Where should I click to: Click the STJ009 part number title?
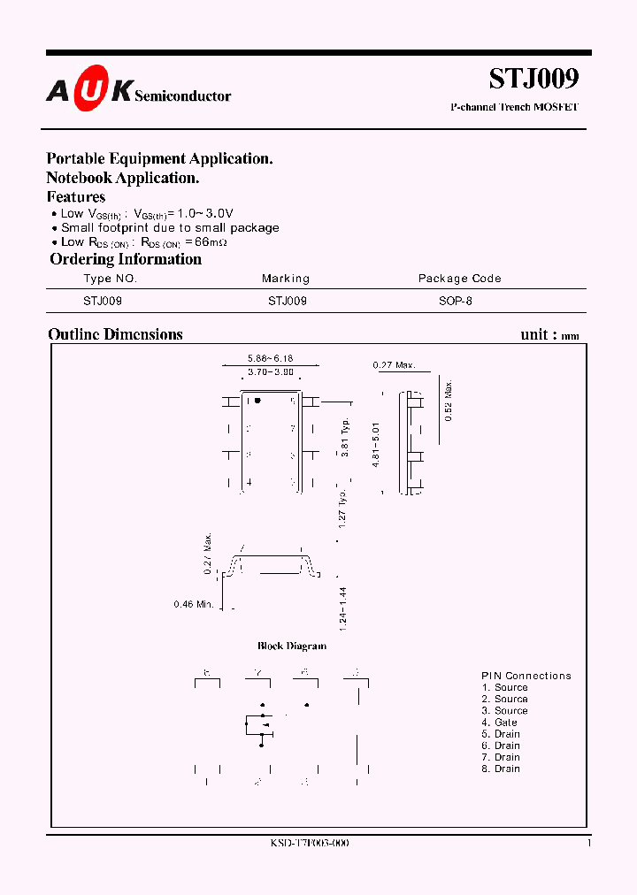click(533, 79)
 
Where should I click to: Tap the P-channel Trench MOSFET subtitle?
click(514, 108)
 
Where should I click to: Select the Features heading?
click(76, 197)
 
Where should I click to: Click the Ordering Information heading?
click(126, 259)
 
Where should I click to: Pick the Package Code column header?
click(459, 279)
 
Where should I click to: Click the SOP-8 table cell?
click(456, 301)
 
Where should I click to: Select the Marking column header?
click(286, 279)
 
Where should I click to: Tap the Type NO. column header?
click(111, 279)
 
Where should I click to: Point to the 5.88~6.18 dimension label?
click(270, 358)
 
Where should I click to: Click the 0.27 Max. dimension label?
click(394, 364)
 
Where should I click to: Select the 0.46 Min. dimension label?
click(194, 605)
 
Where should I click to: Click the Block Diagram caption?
click(292, 646)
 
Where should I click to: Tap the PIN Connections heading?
click(526, 676)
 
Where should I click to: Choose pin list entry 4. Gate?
click(500, 723)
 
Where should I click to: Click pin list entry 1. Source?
click(504, 687)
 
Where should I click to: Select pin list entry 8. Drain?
click(501, 769)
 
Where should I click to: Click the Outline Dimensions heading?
click(115, 334)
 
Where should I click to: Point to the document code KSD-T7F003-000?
click(309, 844)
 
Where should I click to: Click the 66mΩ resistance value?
click(211, 241)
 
